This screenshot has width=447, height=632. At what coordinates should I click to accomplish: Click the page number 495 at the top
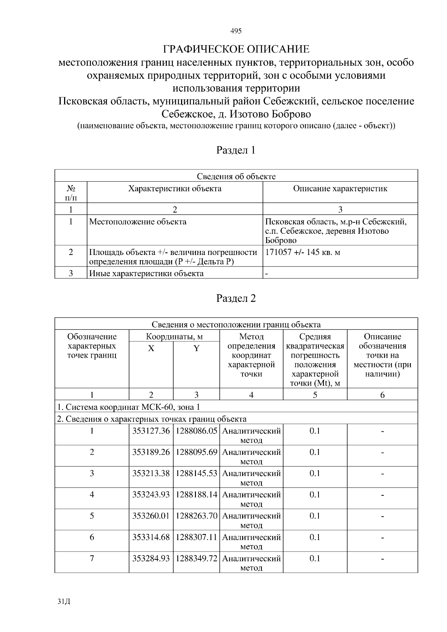pyautogui.click(x=236, y=31)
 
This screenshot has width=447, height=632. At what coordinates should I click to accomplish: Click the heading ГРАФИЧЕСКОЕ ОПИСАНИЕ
pyautogui.click(x=236, y=49)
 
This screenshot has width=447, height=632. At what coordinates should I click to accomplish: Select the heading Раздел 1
pyautogui.click(x=236, y=150)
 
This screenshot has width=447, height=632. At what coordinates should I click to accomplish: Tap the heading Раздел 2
pyautogui.click(x=236, y=298)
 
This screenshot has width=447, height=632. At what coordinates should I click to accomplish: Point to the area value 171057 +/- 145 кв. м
pyautogui.click(x=302, y=252)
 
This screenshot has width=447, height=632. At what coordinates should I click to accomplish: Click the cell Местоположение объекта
pyautogui.click(x=138, y=222)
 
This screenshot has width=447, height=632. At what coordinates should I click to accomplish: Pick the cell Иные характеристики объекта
pyautogui.click(x=146, y=274)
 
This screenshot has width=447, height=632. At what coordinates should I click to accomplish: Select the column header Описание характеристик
pyautogui.click(x=340, y=189)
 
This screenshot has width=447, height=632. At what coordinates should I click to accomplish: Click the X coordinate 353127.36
pyautogui.click(x=151, y=431)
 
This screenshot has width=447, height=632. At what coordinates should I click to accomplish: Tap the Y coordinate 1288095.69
pyautogui.click(x=196, y=452)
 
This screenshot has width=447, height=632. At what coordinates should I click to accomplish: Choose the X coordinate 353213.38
pyautogui.click(x=151, y=473)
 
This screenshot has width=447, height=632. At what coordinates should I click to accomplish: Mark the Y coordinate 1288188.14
pyautogui.click(x=196, y=495)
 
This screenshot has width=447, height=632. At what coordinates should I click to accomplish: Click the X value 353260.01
pyautogui.click(x=151, y=516)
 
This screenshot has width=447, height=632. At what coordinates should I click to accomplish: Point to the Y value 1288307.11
pyautogui.click(x=196, y=537)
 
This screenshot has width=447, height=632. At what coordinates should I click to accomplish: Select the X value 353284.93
pyautogui.click(x=151, y=558)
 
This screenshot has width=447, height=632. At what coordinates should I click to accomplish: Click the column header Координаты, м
pyautogui.click(x=174, y=337)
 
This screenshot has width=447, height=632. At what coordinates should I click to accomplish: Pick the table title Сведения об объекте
pyautogui.click(x=236, y=176)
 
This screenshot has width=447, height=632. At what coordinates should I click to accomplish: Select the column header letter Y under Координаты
pyautogui.click(x=196, y=348)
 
